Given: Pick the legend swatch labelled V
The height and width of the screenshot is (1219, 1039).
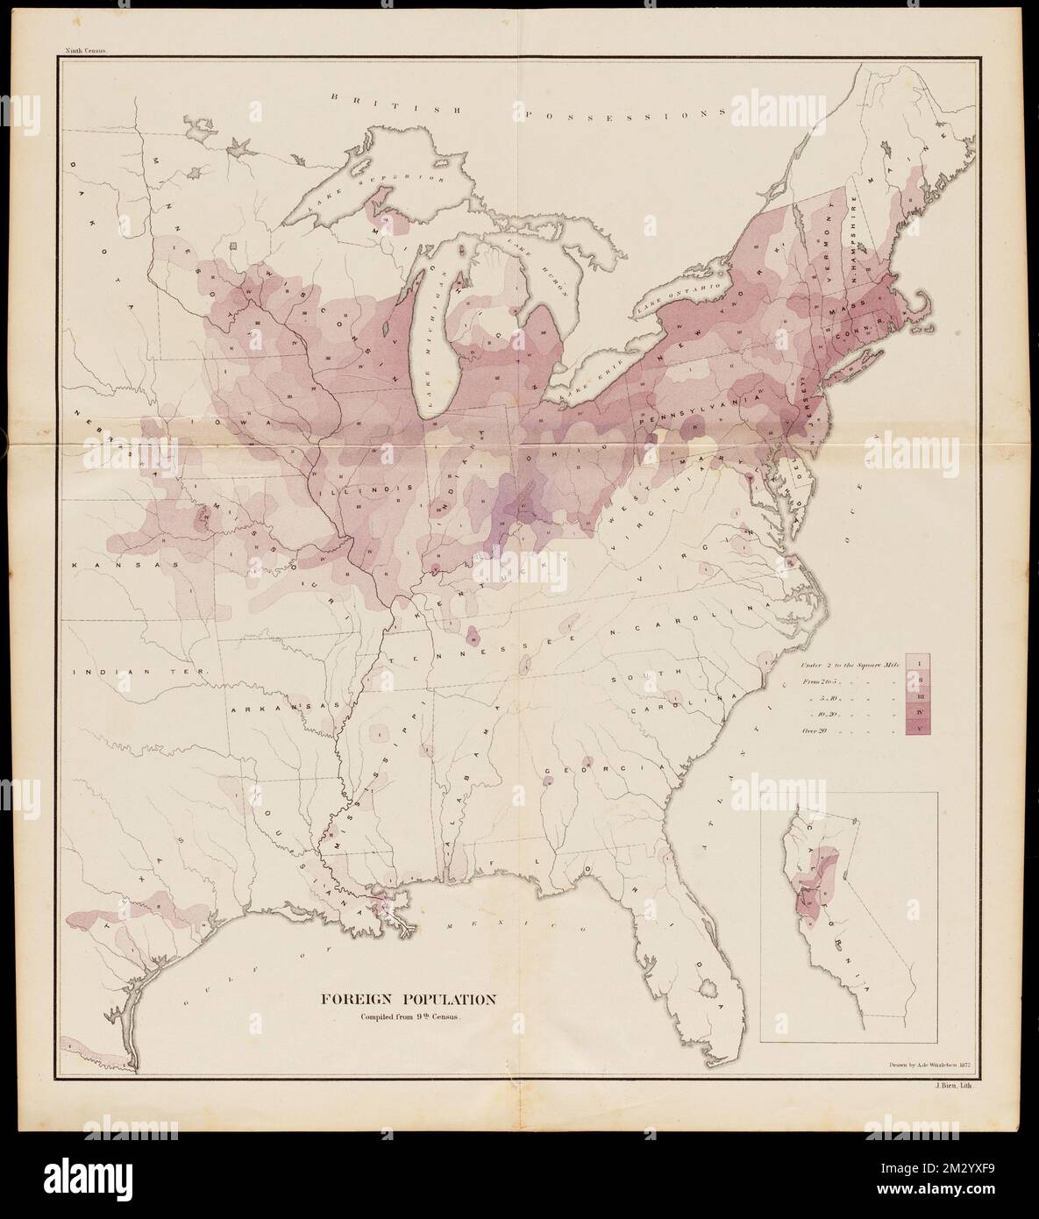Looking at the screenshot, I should [920, 725].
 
